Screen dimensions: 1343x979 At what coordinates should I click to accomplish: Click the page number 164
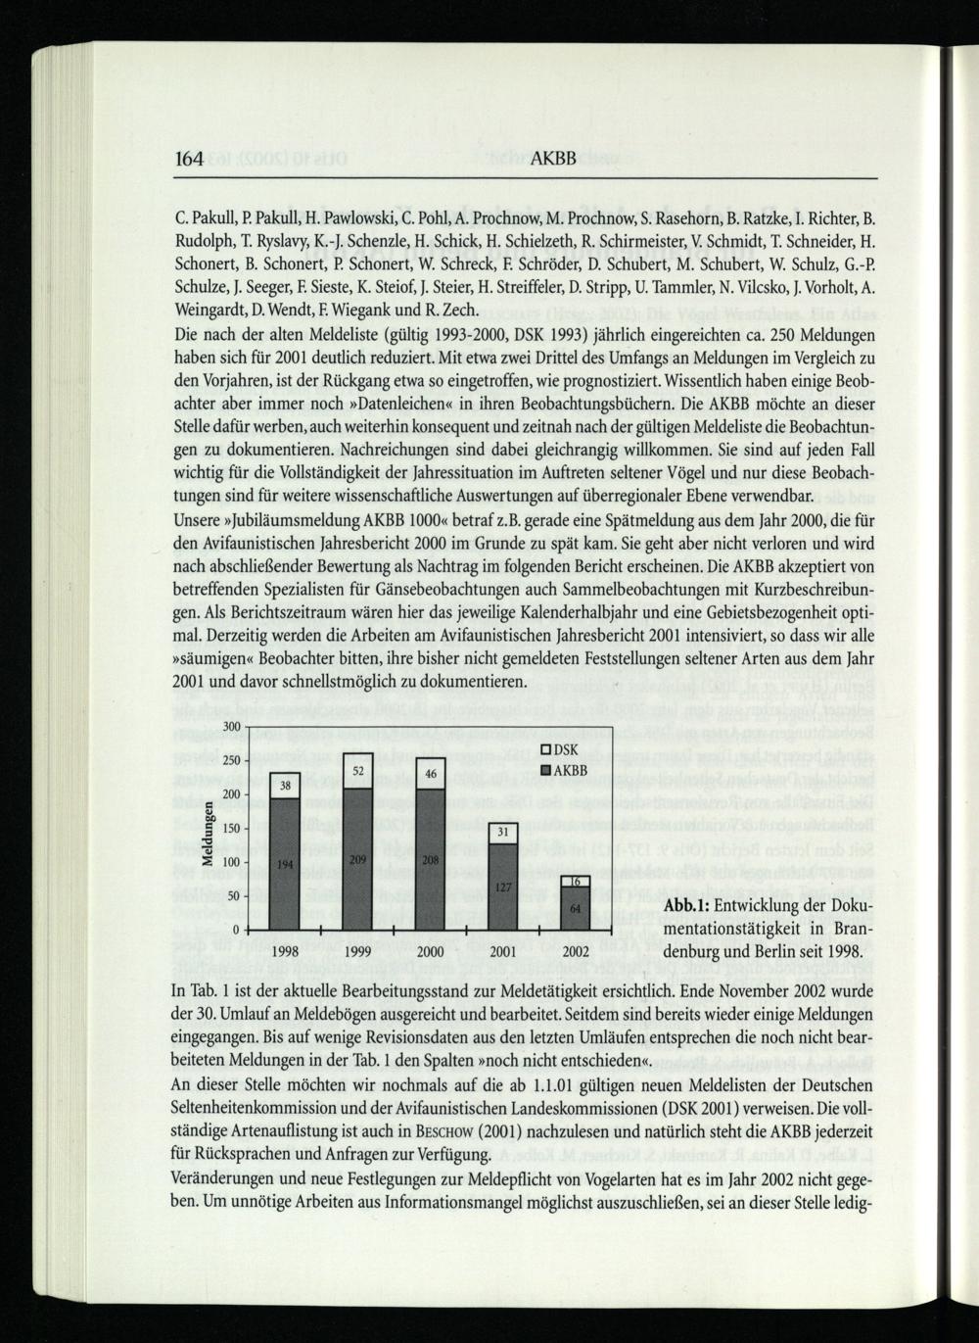[x=193, y=159]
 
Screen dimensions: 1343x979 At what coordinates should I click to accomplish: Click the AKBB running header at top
[x=546, y=159]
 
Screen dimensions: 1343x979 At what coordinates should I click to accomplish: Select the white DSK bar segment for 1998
[x=285, y=786]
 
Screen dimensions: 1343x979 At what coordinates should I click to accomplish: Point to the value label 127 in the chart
[x=503, y=887]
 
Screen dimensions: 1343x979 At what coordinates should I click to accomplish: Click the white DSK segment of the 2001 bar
[x=503, y=833]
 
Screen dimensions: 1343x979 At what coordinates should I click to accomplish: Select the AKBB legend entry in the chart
[x=564, y=770]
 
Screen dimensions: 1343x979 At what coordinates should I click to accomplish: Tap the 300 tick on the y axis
[x=232, y=727]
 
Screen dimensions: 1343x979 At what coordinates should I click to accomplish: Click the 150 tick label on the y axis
[x=232, y=829]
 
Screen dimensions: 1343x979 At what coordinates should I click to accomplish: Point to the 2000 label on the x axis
[x=431, y=951]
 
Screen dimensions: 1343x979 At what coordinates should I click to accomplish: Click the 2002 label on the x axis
[x=576, y=951]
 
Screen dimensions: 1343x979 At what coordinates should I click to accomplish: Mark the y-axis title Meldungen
[x=208, y=834]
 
